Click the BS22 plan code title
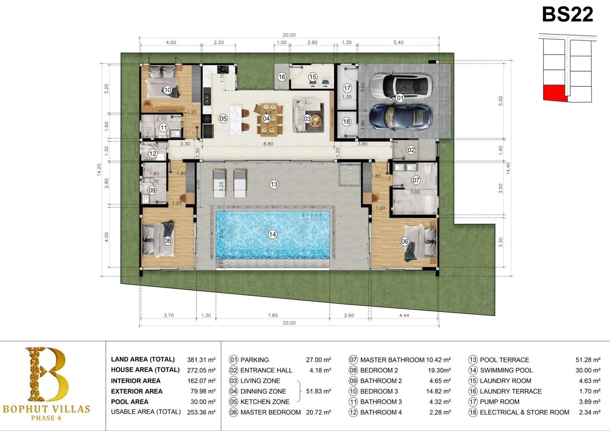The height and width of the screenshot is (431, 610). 567,14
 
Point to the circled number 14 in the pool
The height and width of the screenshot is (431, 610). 272,234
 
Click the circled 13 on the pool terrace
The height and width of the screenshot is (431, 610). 274,184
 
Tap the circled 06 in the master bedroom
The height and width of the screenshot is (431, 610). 405,241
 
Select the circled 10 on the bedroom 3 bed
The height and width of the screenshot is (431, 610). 167,90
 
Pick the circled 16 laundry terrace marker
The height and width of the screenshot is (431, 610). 281,77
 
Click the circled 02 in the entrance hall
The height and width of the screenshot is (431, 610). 411,150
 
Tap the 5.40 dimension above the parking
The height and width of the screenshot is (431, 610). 398,43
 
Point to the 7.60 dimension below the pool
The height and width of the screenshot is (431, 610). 273,316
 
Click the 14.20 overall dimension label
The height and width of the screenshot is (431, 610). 99,170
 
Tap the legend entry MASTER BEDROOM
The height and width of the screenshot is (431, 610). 271,412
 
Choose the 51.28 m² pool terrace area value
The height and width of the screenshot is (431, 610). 588,360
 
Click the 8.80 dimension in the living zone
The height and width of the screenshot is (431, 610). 268,144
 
